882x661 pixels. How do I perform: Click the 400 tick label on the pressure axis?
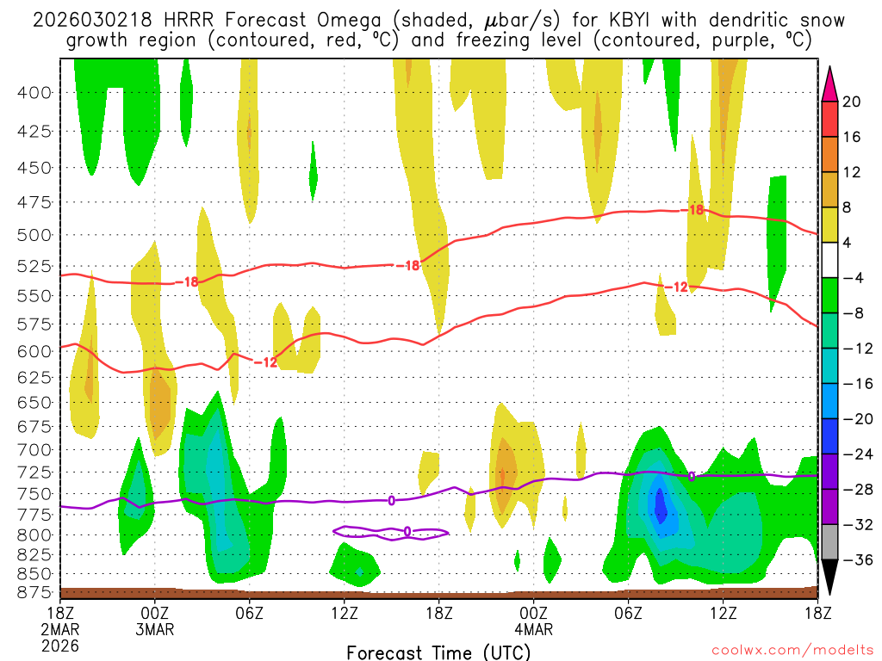pyautogui.click(x=34, y=92)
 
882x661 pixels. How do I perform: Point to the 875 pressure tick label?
pyautogui.click(x=34, y=592)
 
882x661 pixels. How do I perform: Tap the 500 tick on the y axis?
pyautogui.click(x=34, y=234)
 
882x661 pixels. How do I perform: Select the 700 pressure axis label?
pyautogui.click(x=34, y=449)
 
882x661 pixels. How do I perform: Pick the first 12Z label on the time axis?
pyautogui.click(x=344, y=612)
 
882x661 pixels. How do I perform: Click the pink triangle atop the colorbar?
pyautogui.click(x=830, y=84)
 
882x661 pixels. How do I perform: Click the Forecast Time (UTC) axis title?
pyautogui.click(x=438, y=652)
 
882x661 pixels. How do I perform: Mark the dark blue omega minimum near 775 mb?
pyautogui.click(x=661, y=503)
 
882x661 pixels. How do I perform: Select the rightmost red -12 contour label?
pyautogui.click(x=680, y=287)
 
